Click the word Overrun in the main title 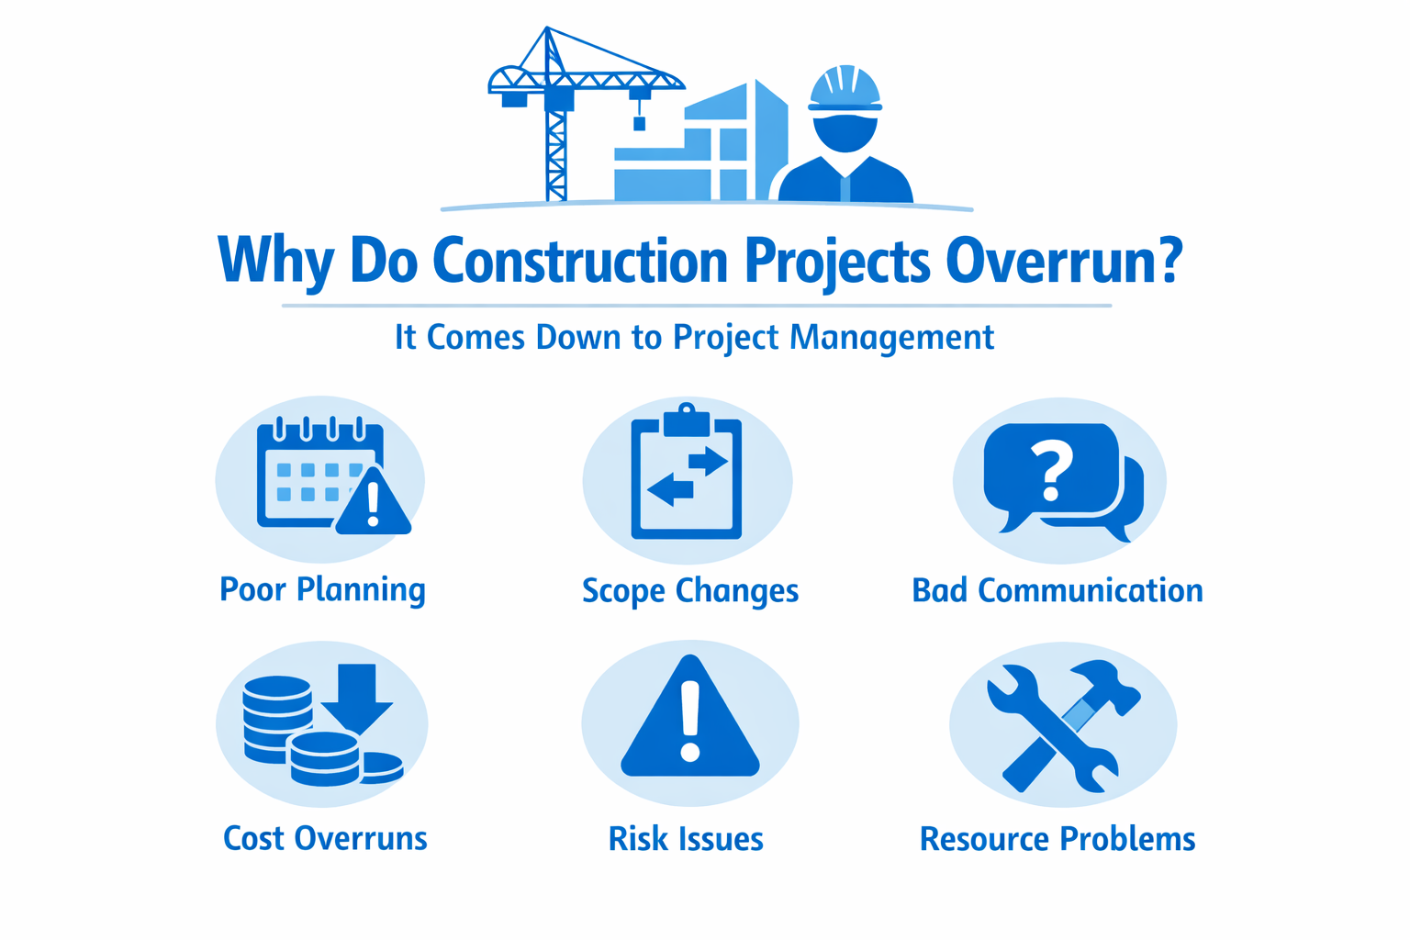coord(1063,261)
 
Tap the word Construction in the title coord(580,260)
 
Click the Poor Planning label coord(322,590)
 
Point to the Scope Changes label coord(690,591)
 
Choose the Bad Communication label coord(1057,590)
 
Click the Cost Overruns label coord(326,839)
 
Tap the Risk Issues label coord(686,839)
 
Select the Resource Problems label coord(1057,839)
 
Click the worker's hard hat coord(845,89)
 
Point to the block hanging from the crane coord(640,123)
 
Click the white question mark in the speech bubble coord(1051,470)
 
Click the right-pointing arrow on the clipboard coord(708,461)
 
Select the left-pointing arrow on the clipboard coord(670,490)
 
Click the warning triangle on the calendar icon coord(374,501)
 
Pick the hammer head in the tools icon coord(1106,686)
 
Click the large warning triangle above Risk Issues coord(690,718)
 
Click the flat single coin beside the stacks coord(382,767)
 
